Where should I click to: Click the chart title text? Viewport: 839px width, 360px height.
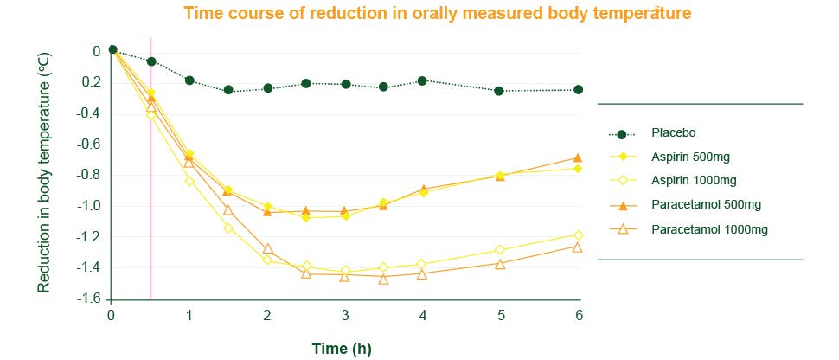coord(437,13)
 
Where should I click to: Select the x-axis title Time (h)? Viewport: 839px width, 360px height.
coord(342,348)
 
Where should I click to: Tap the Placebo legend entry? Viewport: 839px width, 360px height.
coord(674,133)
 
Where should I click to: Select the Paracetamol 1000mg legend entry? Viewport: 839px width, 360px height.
coord(708,229)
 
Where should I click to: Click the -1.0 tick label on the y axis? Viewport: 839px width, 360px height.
coord(88,206)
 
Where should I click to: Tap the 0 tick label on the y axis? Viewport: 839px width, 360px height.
coord(97,51)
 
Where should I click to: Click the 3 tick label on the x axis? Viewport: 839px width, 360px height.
coord(345,317)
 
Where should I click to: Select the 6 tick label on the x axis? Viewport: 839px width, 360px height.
coord(579,317)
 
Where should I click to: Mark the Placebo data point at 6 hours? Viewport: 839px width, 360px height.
coord(578,89)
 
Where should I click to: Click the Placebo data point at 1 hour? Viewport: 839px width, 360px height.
coord(189,80)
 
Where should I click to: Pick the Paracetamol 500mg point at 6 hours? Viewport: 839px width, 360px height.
coord(578,157)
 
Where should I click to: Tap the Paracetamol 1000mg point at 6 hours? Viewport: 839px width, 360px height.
coord(578,247)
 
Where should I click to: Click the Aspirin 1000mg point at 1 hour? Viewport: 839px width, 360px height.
coord(189,181)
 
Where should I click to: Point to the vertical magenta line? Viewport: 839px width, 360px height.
coord(151,216)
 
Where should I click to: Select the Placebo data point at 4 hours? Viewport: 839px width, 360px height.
coord(422,80)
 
